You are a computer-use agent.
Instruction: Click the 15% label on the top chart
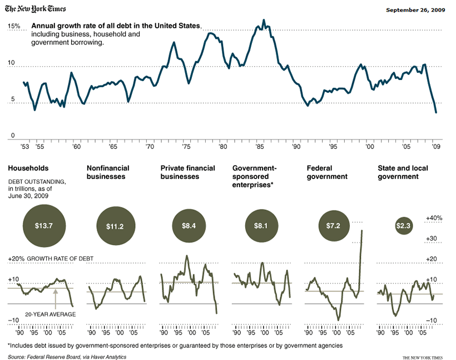coord(14,26)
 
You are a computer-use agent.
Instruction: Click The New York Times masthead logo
coord(36,9)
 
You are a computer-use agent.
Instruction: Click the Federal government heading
coord(327,172)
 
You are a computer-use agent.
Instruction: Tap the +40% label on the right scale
coord(434,218)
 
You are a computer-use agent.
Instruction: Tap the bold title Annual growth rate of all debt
coord(116,26)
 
